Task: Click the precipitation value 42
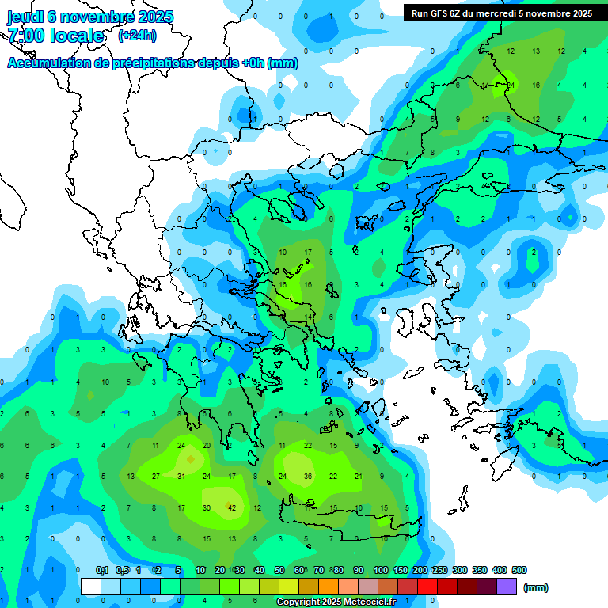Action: coord(232,507)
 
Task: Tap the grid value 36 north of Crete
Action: coord(308,477)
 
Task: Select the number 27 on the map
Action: coord(156,477)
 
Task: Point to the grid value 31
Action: coord(181,477)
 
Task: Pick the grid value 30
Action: coord(207,507)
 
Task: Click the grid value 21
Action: coord(359,477)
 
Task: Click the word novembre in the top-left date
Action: coord(100,17)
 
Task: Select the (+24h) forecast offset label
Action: coord(137,36)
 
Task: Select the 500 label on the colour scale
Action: coord(519,570)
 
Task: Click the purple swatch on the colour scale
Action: coord(507,587)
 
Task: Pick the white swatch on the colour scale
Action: coord(91,587)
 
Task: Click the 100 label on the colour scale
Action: coord(380,570)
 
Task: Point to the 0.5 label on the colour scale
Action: coord(122,570)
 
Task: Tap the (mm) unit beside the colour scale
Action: coord(536,587)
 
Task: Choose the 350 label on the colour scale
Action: coord(479,570)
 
